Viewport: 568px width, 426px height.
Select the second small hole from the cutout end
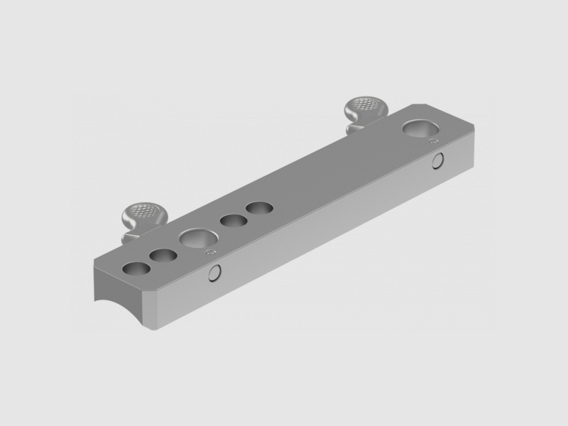163,256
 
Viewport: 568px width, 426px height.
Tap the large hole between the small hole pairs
194,238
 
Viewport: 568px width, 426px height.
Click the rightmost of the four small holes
259,209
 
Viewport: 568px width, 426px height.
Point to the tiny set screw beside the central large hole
209,251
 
